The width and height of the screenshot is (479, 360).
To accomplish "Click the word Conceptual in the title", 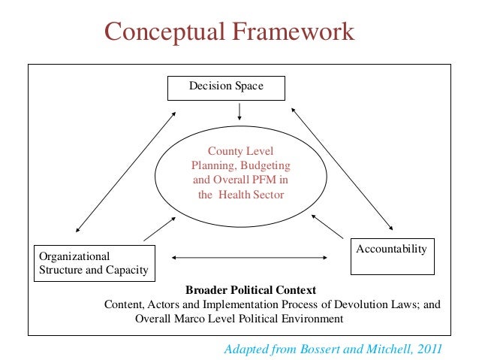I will click(164, 32).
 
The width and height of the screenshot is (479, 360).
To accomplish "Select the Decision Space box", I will click(226, 87).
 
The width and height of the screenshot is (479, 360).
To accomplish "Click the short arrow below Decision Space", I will click(239, 111).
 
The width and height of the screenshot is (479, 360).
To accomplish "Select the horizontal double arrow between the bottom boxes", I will click(250, 259).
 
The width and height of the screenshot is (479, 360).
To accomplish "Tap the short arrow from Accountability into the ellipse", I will click(328, 225).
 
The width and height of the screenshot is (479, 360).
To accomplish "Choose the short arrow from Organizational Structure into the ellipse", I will click(160, 228).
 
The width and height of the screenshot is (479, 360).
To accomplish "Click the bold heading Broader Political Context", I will click(250, 290).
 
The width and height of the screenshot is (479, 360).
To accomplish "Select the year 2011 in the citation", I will click(428, 349).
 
